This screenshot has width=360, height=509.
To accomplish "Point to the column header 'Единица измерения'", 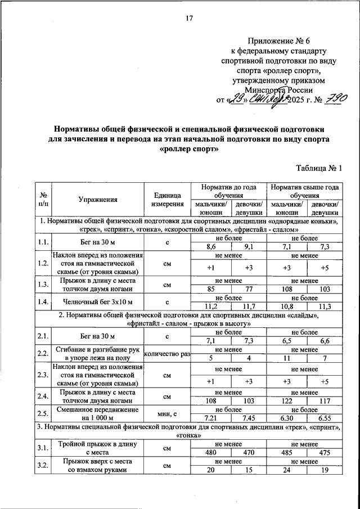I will (168, 199).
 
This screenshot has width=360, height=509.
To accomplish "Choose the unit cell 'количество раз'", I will (168, 354).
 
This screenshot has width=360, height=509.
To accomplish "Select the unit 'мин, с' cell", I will (168, 414).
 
